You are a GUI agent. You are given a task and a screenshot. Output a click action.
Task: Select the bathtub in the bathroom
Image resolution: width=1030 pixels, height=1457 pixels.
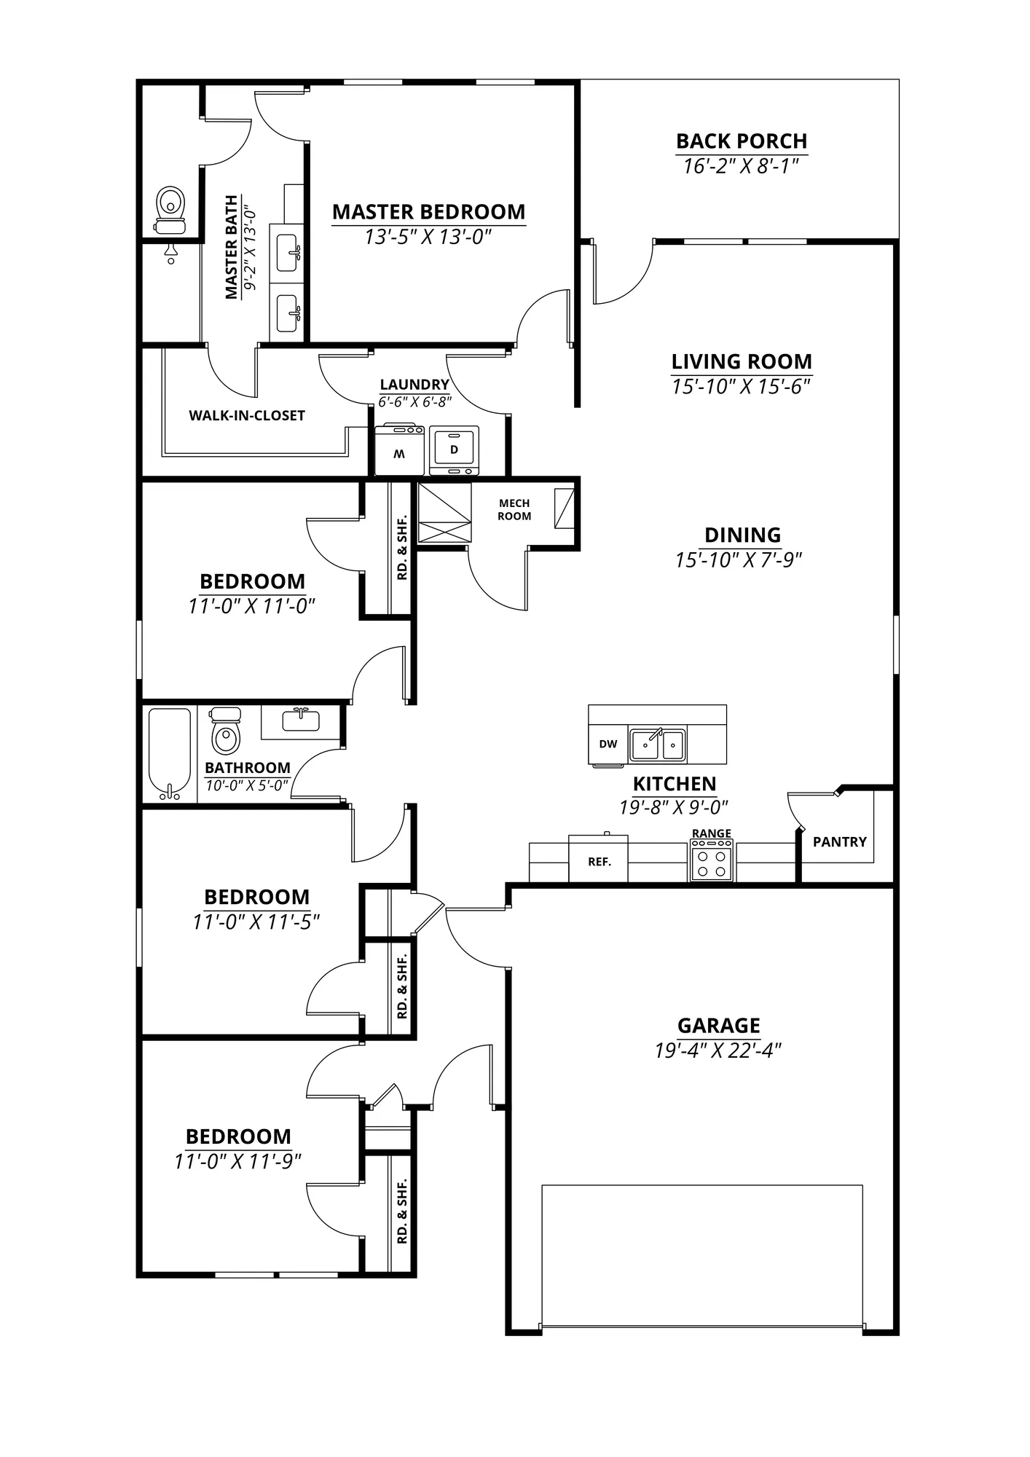tap(170, 755)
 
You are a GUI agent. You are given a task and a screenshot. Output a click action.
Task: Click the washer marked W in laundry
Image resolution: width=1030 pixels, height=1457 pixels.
tap(399, 449)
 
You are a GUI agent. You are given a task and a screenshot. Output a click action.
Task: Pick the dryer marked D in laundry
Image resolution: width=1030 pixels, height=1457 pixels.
tap(455, 450)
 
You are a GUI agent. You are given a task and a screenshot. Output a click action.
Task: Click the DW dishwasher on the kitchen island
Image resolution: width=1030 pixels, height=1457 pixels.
tap(608, 744)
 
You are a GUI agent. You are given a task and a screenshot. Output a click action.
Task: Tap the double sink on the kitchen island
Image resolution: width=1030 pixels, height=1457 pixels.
tap(658, 744)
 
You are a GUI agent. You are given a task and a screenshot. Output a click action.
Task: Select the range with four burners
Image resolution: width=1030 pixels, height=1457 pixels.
tap(712, 860)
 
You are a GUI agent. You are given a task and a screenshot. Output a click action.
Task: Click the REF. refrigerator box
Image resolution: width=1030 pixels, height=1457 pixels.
tap(599, 860)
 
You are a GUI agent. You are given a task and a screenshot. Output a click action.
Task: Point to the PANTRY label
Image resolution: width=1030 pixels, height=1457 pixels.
tap(840, 842)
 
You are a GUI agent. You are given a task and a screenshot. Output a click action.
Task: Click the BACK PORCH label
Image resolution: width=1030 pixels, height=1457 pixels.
tap(742, 141)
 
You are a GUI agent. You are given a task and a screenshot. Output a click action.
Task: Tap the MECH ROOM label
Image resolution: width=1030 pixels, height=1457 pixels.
tap(514, 510)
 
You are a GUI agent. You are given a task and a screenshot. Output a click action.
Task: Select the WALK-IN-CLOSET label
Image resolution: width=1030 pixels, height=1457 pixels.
tap(247, 416)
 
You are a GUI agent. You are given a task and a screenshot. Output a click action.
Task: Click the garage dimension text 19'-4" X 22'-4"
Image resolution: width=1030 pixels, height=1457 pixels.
tap(718, 1050)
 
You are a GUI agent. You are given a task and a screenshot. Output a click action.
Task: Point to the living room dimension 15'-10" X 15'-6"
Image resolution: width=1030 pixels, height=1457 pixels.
tap(742, 387)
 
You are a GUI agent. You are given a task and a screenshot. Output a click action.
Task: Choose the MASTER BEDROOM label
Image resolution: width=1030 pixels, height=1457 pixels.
tap(429, 212)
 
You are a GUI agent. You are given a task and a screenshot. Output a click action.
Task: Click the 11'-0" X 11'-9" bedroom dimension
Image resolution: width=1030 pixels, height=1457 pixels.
tap(238, 1161)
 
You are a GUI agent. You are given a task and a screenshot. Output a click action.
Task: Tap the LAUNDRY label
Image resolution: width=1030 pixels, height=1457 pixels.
tap(414, 385)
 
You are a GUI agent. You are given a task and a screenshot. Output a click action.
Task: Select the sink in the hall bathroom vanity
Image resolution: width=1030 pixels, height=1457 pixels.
tap(301, 720)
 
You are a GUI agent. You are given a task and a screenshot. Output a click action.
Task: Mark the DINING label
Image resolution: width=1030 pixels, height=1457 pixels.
tap(743, 535)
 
